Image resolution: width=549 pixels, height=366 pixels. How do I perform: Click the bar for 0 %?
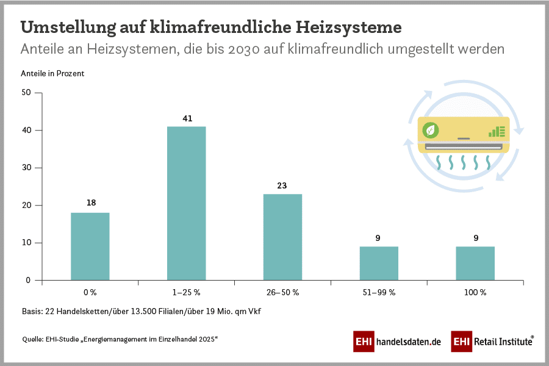pyautogui.click(x=90, y=246)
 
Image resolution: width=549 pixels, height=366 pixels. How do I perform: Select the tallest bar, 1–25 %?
pyautogui.click(x=187, y=203)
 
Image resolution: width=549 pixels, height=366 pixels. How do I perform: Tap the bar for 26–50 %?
pyautogui.click(x=282, y=237)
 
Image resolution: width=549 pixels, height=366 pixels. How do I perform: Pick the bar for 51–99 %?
pyautogui.click(x=379, y=264)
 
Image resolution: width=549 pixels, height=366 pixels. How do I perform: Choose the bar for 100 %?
pyautogui.click(x=475, y=264)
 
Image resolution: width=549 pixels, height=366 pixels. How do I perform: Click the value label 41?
pyautogui.click(x=187, y=118)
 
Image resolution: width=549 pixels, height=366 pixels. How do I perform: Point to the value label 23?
pyautogui.click(x=282, y=186)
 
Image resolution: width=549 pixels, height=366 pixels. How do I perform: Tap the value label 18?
pyautogui.click(x=90, y=203)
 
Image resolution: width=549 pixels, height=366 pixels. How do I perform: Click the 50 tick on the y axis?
pyautogui.click(x=26, y=93)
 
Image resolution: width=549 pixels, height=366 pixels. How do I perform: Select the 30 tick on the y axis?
pyautogui.click(x=26, y=168)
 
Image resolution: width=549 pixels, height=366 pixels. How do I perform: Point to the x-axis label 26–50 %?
pyautogui.click(x=282, y=292)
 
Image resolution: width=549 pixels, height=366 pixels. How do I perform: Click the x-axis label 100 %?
pyautogui.click(x=475, y=292)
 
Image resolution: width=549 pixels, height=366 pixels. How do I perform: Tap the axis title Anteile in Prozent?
pyautogui.click(x=52, y=73)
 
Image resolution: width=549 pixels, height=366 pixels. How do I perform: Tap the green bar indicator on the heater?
pyautogui.click(x=497, y=131)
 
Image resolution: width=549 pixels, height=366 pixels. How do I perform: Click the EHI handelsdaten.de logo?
pyautogui.click(x=397, y=342)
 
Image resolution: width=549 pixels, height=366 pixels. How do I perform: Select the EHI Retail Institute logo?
pyautogui.click(x=493, y=342)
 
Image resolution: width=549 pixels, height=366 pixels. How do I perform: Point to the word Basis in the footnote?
pyautogui.click(x=32, y=312)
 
